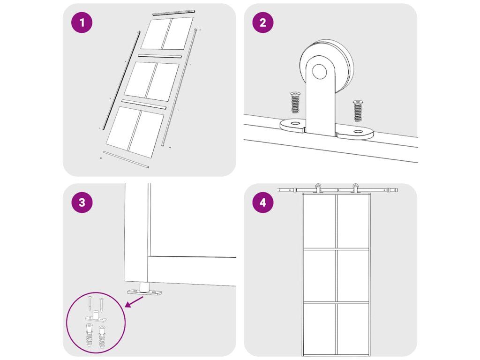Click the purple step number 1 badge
click(x=82, y=22)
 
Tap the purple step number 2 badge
click(x=262, y=22)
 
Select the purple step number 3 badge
click(x=82, y=202)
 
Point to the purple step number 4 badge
click(x=262, y=202)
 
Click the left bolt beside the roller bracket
click(x=295, y=102)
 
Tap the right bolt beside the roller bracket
click(x=357, y=111)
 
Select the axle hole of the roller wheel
click(x=319, y=71)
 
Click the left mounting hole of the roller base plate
click(x=295, y=123)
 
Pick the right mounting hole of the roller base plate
click(x=357, y=132)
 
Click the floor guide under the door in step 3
click(x=144, y=290)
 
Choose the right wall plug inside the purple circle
click(x=101, y=337)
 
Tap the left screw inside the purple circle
click(x=90, y=303)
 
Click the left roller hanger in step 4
click(x=319, y=188)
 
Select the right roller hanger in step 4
click(x=355, y=188)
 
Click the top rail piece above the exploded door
click(x=173, y=13)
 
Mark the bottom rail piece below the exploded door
click(x=126, y=159)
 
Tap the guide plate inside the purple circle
click(x=97, y=318)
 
